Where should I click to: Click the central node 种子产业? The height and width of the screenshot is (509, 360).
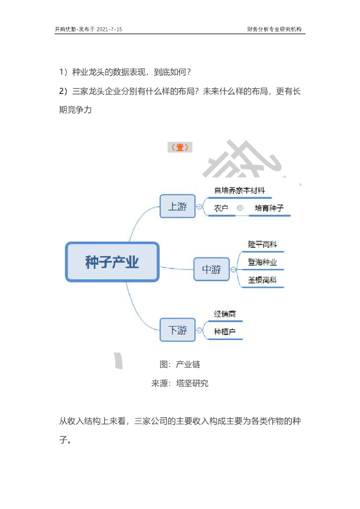(112, 262)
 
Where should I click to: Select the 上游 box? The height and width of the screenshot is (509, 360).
(178, 206)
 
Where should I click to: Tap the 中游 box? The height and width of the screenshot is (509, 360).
(211, 269)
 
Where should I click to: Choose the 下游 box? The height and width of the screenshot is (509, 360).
(178, 330)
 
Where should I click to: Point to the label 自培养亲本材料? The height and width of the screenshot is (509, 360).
(240, 190)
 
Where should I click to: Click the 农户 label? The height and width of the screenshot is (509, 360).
(221, 208)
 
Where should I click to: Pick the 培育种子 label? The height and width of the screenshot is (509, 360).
(269, 208)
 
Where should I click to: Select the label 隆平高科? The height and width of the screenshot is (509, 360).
(263, 245)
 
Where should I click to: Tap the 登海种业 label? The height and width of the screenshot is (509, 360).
(263, 262)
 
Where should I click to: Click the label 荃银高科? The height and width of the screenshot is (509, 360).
(263, 280)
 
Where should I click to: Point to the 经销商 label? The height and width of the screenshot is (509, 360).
(225, 314)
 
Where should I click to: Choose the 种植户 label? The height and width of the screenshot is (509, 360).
(225, 332)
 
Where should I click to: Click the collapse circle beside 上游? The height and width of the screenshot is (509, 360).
(199, 206)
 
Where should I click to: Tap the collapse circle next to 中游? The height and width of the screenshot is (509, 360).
(233, 269)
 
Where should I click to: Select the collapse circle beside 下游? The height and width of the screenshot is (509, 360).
(199, 330)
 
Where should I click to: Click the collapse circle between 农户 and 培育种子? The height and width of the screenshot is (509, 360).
(240, 208)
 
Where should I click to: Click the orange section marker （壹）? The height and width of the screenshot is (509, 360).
(180, 147)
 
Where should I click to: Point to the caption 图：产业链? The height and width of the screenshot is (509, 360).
(180, 364)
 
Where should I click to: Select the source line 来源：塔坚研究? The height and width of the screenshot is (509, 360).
(180, 383)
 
